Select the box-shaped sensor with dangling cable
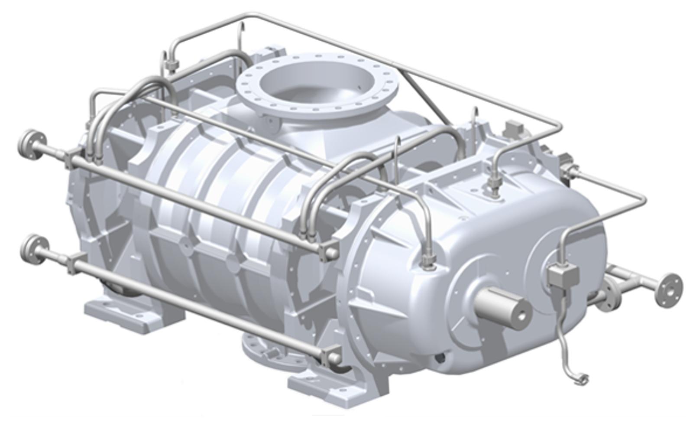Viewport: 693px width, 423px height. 563,276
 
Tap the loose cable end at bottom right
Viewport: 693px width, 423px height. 580,380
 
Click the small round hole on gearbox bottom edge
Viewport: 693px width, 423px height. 440,358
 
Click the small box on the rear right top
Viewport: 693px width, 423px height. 514,127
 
